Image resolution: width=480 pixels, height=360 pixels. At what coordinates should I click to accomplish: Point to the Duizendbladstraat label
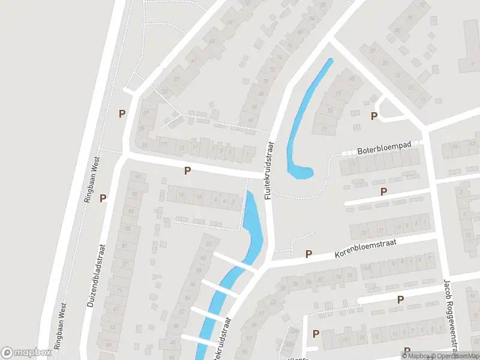click(96, 276)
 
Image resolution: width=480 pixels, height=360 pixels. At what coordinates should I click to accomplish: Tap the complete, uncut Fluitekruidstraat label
click(268, 170)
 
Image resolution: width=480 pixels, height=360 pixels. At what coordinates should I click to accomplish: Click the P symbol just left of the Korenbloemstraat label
click(308, 254)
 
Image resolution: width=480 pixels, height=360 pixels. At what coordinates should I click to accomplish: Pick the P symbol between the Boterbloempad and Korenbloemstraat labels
click(383, 191)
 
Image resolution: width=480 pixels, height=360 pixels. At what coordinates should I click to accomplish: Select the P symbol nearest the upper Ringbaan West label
click(103, 197)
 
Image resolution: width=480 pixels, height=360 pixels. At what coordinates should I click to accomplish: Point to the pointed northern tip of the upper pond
click(330, 59)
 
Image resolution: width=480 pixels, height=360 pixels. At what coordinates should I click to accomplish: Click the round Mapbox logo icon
click(7, 353)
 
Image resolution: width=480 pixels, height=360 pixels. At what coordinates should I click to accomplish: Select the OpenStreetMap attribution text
click(455, 356)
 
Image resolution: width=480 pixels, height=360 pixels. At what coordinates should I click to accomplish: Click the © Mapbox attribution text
click(418, 356)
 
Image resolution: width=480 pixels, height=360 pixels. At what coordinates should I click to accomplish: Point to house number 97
click(139, 176)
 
